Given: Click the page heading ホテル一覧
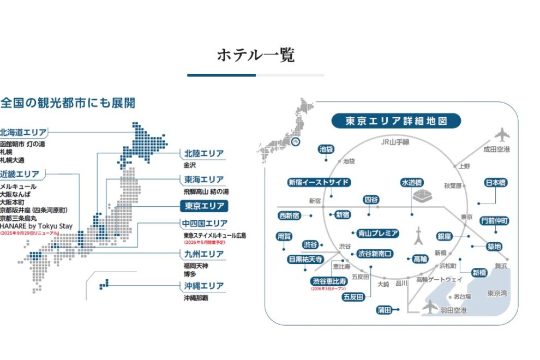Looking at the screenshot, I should (256, 55).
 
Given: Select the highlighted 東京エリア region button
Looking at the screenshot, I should (204, 206).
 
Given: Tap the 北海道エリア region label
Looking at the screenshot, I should (23, 132).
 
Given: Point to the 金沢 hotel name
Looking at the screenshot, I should (190, 165).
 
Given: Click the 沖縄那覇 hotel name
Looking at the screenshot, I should (196, 298).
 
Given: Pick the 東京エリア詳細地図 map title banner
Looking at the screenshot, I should (396, 121).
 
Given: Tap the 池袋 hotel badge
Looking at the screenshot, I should (326, 149).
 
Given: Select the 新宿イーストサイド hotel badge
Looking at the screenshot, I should (319, 182).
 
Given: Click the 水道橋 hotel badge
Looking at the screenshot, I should (412, 182).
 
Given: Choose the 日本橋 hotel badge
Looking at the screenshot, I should (495, 183).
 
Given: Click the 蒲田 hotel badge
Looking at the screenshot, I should (384, 310).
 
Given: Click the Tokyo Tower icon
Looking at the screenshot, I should (419, 236).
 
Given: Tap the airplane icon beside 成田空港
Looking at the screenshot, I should (501, 134).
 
